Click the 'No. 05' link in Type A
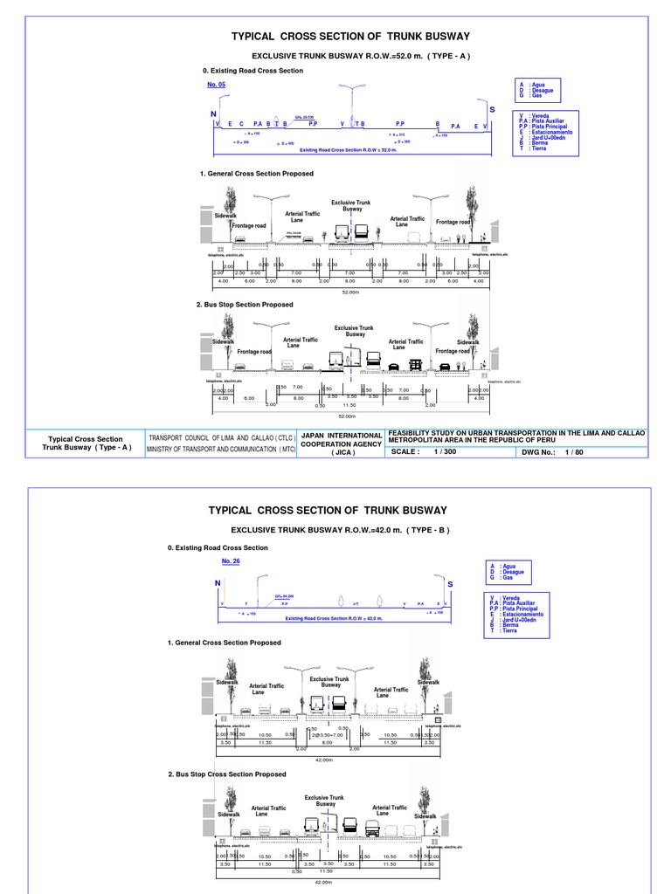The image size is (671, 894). pos(216,85)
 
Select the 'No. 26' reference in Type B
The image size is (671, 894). pos(231,560)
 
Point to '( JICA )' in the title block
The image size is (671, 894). pos(342,452)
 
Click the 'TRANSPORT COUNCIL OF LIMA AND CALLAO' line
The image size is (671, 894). pos(222,437)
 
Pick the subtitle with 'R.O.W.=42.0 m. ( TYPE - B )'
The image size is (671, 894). pos(339,530)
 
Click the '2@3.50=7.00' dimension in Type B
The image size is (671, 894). pos(328,735)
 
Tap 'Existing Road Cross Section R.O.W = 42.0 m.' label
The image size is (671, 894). pos(335,618)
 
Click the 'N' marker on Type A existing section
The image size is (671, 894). pos(212,114)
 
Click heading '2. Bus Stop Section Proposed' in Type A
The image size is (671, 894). pos(245,305)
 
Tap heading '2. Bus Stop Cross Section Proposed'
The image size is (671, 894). pos(226,774)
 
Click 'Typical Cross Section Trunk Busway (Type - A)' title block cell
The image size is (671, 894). pos(86,443)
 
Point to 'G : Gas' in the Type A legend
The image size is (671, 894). pos(533,95)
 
